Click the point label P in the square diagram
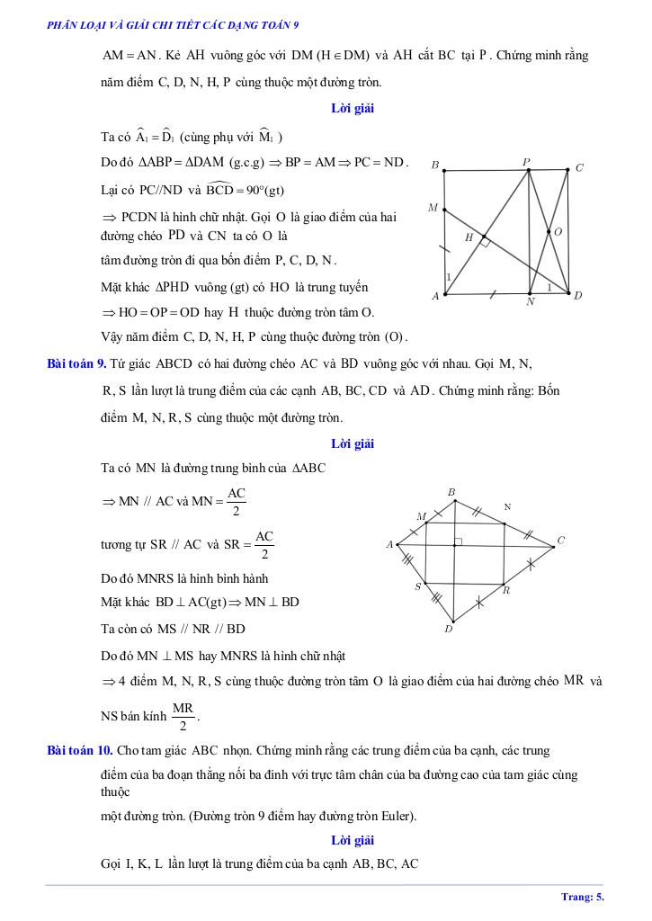(527, 162)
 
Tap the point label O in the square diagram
(558, 232)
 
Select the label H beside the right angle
(469, 237)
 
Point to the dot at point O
(549, 232)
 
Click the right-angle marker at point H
(483, 242)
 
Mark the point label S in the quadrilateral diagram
(417, 586)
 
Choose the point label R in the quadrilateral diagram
(506, 591)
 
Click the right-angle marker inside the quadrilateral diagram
(458, 541)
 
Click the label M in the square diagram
(433, 208)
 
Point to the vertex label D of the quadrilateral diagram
(448, 629)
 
